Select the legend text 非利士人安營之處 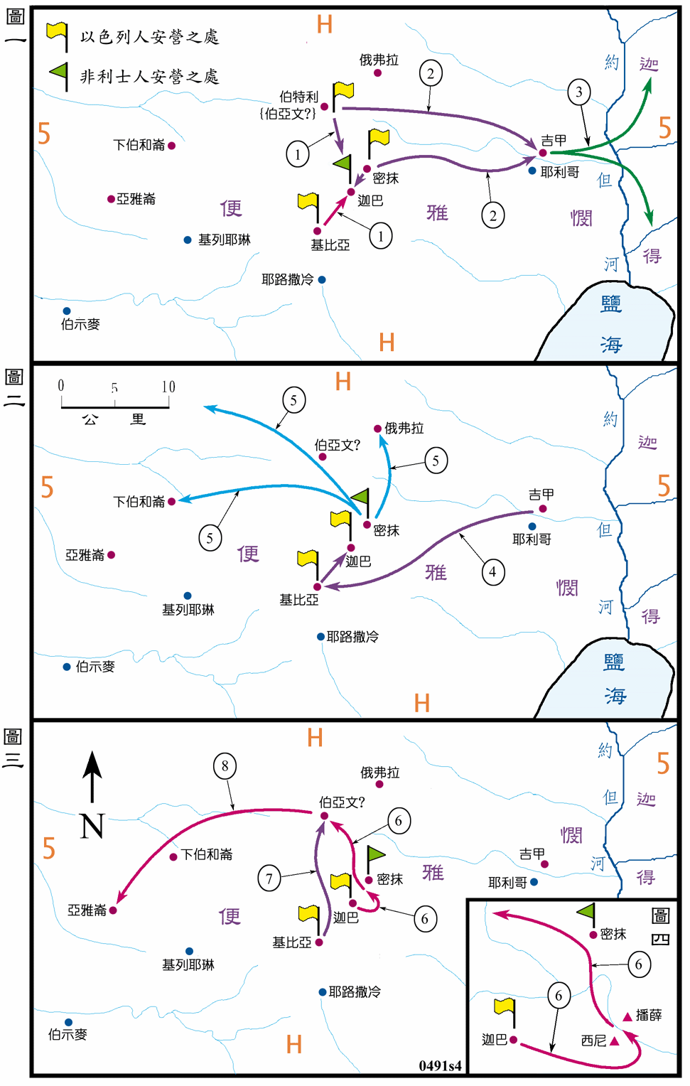pos(149,77)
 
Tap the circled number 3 pos(579,92)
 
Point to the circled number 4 pos(492,571)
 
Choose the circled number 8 pos(225,766)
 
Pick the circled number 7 pos(269,878)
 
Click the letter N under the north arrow pos(92,826)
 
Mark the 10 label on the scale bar pos(168,387)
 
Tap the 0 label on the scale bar pos(61,386)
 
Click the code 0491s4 pos(440,1065)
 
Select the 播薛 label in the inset pos(649,1015)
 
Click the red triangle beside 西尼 pos(615,1041)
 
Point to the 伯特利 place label pos(298,97)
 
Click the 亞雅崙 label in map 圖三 pos(87,910)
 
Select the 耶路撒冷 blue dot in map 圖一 pos(322,280)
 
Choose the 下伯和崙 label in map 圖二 pos(139,502)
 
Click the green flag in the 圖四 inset pos(586,911)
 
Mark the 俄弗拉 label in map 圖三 pos(380,773)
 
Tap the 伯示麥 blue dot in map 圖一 pos(67,311)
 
